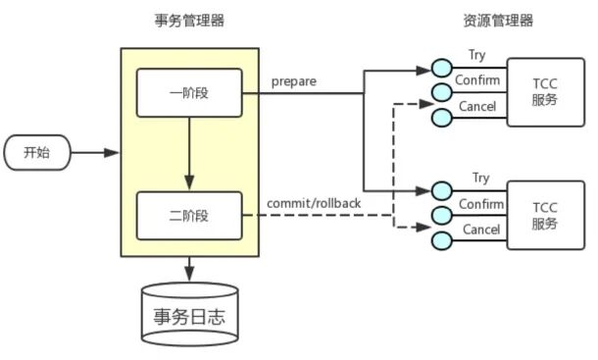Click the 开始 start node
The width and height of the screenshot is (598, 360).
pyautogui.click(x=36, y=153)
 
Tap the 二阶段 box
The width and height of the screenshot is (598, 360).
pyautogui.click(x=189, y=216)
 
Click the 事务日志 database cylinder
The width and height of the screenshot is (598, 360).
pyautogui.click(x=189, y=316)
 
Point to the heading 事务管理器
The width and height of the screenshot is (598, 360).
pyautogui.click(x=188, y=21)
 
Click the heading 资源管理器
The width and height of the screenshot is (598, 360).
pyautogui.click(x=497, y=21)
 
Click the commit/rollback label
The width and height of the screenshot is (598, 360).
pyautogui.click(x=313, y=203)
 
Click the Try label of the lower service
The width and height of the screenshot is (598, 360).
pyautogui.click(x=480, y=178)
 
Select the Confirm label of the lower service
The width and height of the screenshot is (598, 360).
pyautogui.click(x=479, y=204)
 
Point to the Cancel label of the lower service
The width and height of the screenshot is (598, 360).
pyautogui.click(x=479, y=230)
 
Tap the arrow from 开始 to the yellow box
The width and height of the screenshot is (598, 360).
pyautogui.click(x=96, y=153)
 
